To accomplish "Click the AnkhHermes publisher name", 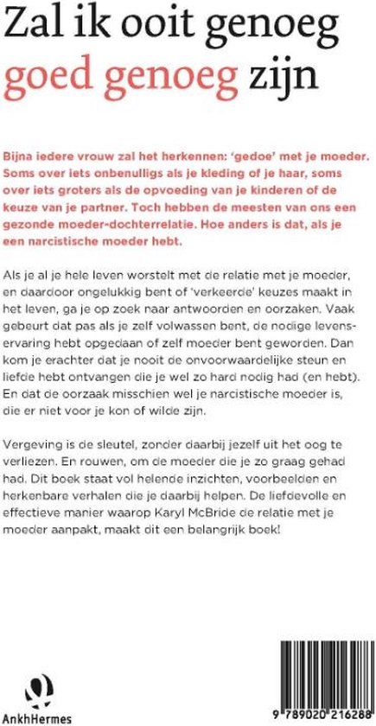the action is pos(37,716).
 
